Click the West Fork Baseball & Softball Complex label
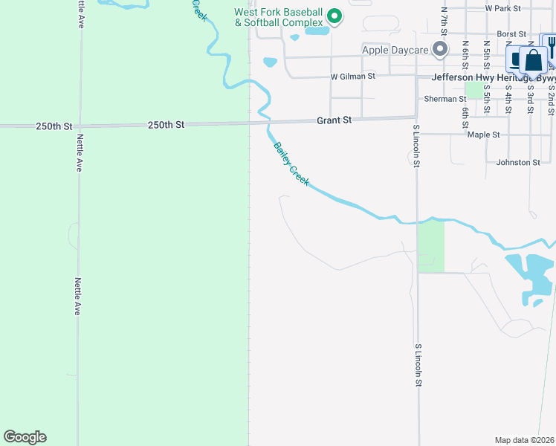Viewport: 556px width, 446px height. (279, 18)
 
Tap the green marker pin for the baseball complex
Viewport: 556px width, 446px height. (334, 16)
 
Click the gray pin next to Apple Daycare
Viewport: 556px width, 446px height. (440, 50)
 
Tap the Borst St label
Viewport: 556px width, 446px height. (511, 34)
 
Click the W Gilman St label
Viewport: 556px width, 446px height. (353, 76)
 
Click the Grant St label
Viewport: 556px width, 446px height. (334, 120)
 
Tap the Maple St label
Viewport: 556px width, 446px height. (484, 135)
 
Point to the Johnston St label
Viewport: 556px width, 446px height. (518, 162)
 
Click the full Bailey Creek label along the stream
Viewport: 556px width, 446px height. (291, 164)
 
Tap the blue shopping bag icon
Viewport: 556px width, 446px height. (533, 60)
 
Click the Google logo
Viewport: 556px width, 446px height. (25, 437)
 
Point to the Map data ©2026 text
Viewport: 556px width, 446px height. (525, 440)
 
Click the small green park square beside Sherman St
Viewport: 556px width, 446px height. (473, 90)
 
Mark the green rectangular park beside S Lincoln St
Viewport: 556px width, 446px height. (430, 246)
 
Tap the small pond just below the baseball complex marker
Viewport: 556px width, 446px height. (317, 31)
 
